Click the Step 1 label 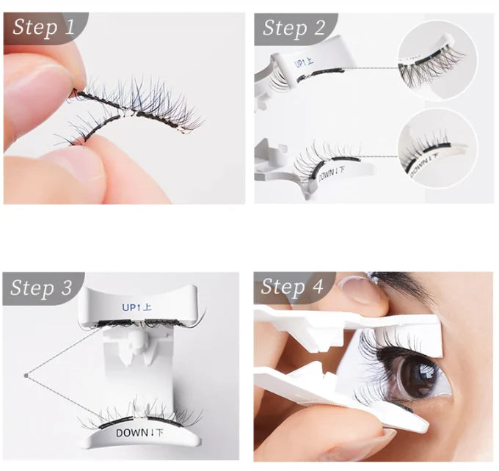pyautogui.click(x=44, y=28)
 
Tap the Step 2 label pyautogui.click(x=294, y=28)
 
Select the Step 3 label pyautogui.click(x=42, y=288)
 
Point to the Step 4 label pyautogui.click(x=292, y=287)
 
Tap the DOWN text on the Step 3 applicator pyautogui.click(x=139, y=432)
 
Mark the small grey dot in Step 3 pyautogui.click(x=26, y=376)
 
